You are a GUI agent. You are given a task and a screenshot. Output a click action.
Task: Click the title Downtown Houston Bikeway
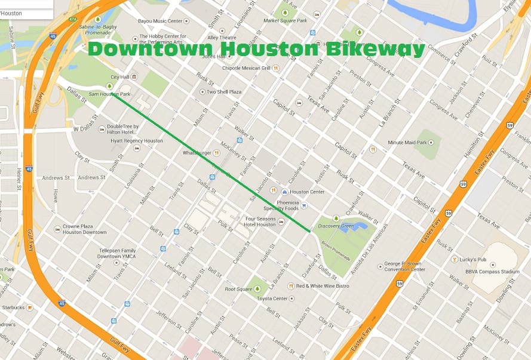click(x=256, y=50)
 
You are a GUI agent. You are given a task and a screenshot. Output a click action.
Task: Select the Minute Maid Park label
click(x=407, y=143)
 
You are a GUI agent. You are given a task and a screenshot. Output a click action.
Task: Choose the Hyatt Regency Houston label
click(x=136, y=141)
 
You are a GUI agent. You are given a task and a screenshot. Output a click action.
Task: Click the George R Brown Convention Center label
click(x=404, y=266)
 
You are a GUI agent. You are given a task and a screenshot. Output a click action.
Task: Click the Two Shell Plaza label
click(x=223, y=92)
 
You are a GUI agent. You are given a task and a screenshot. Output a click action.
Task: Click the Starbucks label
click(x=13, y=307)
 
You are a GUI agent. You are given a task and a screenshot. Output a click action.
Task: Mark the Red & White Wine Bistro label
click(x=323, y=286)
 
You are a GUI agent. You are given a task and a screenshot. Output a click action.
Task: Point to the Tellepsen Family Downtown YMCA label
click(x=117, y=253)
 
